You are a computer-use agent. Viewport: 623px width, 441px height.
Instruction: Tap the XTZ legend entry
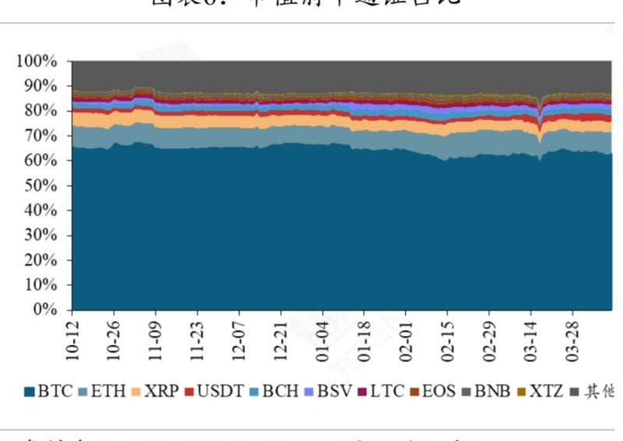(x=544, y=391)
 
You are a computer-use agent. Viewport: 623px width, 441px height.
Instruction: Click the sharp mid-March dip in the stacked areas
(x=539, y=117)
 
